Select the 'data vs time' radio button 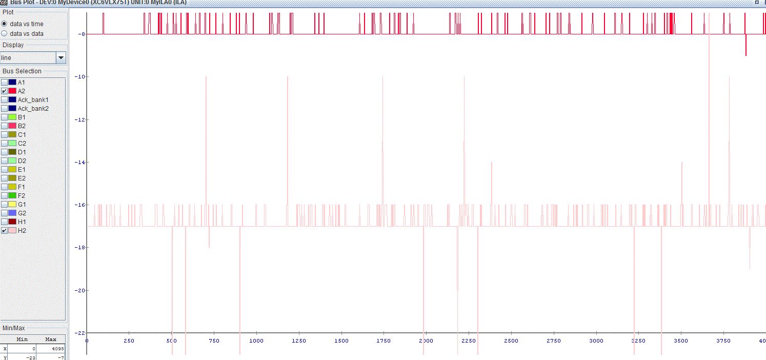coord(5,24)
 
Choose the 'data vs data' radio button coord(5,34)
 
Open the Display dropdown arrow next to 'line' coord(61,58)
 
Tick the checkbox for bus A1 coord(5,82)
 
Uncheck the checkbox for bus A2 coord(5,91)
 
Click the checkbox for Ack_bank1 coord(5,99)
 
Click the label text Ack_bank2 coord(33,108)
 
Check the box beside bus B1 coord(5,117)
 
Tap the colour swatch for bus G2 coord(12,213)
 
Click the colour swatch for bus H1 coord(12,222)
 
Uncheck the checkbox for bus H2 coord(5,230)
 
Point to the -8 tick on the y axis coord(82,34)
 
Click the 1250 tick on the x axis coord(298,341)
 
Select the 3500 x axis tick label coord(680,341)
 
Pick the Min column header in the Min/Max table coord(22,339)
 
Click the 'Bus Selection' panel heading coord(22,71)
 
